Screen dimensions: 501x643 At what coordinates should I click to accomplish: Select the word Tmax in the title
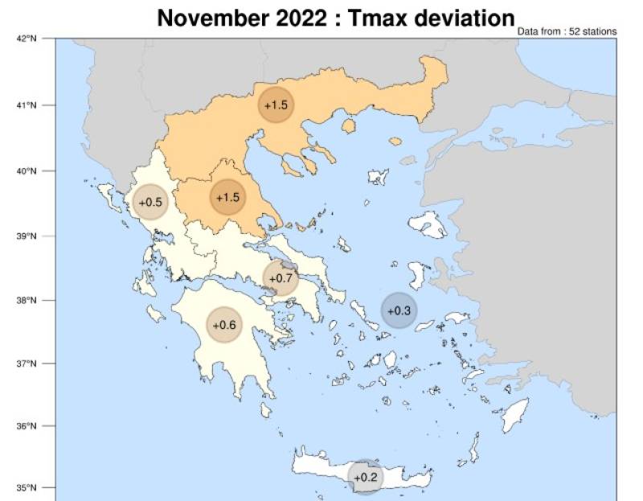[x=375, y=17]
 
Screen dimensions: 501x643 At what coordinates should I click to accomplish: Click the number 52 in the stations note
[x=572, y=31]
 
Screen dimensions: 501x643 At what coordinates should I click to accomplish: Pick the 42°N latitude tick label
[x=27, y=39]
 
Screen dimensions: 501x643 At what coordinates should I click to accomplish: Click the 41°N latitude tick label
[x=27, y=105]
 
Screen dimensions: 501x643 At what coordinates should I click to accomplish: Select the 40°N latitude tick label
[x=27, y=171]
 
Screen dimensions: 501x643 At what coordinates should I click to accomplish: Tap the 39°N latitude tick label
[x=27, y=236]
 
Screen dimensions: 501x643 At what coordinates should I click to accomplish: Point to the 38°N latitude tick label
[x=27, y=301]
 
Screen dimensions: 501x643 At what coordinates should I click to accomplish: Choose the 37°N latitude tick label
[x=27, y=363]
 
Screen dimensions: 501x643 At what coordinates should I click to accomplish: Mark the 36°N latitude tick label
[x=27, y=426]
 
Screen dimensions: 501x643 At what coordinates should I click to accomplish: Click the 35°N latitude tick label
[x=27, y=487]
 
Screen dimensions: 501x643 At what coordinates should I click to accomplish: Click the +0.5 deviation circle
[x=150, y=203]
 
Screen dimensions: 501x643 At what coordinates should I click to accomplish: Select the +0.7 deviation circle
[x=281, y=278]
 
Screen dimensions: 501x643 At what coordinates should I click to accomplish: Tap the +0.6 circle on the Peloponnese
[x=224, y=325]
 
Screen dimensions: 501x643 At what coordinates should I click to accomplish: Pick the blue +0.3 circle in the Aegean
[x=399, y=310]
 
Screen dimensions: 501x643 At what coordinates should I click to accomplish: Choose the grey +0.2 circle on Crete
[x=366, y=477]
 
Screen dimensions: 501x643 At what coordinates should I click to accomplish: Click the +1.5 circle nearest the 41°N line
[x=276, y=105]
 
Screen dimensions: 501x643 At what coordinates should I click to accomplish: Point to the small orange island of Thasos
[x=349, y=126]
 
